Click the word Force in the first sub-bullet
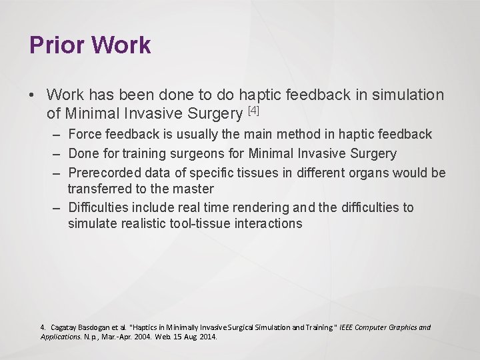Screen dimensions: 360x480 click(85, 135)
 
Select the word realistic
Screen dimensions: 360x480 click(143, 223)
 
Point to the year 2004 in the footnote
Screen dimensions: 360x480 click(143, 337)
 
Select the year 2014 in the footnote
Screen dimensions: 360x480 click(207, 337)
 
